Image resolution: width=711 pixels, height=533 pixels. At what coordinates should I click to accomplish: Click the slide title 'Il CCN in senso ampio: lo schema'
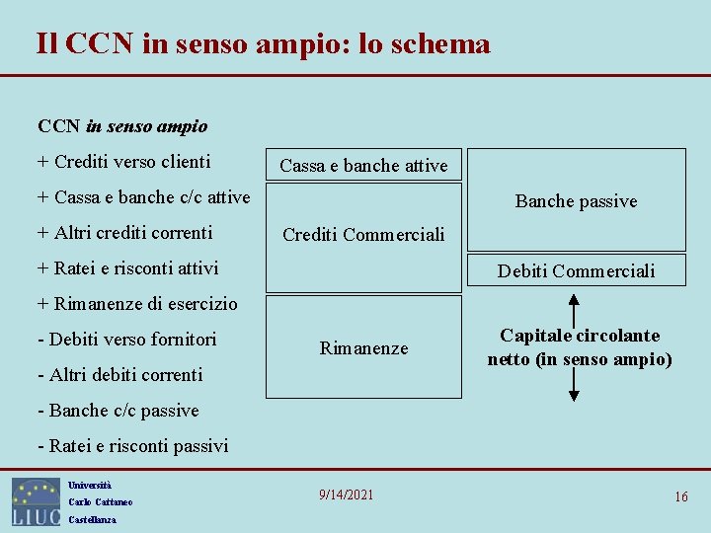tap(263, 44)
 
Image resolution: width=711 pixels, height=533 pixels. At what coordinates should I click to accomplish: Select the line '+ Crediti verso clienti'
tap(123, 162)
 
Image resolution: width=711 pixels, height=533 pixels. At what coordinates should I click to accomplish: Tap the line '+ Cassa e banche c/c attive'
tap(143, 197)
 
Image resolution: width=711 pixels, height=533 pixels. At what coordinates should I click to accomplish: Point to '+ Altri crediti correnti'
tap(124, 233)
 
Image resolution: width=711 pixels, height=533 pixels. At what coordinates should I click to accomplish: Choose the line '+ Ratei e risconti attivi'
tap(127, 268)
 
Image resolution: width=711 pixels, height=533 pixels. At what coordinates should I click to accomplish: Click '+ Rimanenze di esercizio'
tap(137, 304)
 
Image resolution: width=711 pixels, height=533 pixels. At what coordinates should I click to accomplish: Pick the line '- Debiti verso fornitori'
tap(126, 340)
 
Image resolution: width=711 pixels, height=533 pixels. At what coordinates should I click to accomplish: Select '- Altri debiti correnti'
tap(119, 375)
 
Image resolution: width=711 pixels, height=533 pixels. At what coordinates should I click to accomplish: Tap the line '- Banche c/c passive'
tap(118, 411)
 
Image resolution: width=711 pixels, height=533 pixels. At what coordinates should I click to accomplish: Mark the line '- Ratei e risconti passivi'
tap(132, 446)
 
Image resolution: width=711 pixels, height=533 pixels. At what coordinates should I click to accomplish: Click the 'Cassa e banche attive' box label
tap(363, 166)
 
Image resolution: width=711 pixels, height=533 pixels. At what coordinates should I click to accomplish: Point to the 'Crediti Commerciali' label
tap(363, 235)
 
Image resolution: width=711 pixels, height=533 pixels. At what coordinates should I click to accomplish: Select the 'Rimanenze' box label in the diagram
tap(363, 348)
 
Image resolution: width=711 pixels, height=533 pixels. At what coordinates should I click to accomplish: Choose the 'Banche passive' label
tap(576, 201)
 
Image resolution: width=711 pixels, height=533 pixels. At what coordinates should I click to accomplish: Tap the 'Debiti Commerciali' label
tap(576, 270)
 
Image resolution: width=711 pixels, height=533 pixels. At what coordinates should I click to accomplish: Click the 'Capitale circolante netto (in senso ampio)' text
tap(580, 347)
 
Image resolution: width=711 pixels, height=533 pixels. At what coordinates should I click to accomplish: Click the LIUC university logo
tap(37, 501)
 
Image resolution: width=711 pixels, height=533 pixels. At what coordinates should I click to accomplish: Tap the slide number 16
tap(681, 496)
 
